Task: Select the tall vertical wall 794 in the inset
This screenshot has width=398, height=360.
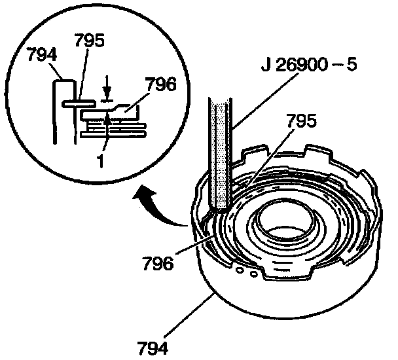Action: pyautogui.click(x=58, y=111)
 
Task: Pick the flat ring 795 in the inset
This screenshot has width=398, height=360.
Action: pyautogui.click(x=79, y=103)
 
